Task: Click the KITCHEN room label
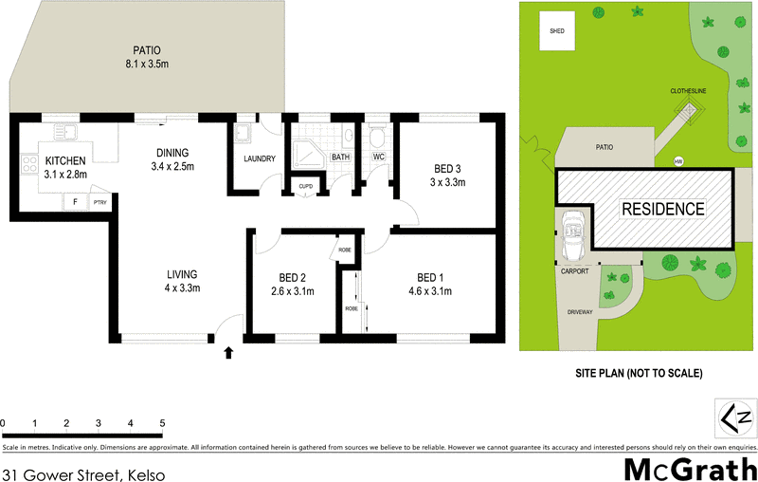[65, 160]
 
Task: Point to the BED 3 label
[443, 168]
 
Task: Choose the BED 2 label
[290, 278]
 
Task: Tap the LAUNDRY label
[259, 158]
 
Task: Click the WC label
[377, 157]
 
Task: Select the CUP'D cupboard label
[305, 186]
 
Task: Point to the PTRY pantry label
[99, 203]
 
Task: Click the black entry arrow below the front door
[227, 354]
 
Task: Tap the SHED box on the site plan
[556, 30]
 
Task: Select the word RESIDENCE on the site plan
[663, 209]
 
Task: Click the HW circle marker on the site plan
[678, 161]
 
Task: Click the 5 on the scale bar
[162, 422]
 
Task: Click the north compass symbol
[736, 417]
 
